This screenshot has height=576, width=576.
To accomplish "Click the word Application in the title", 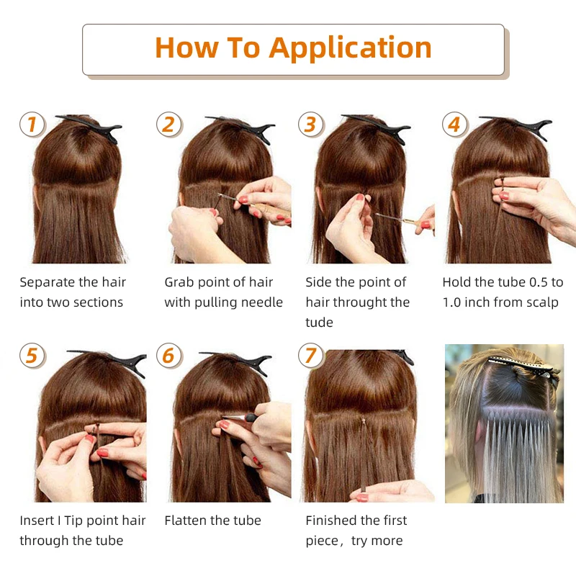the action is coord(350,49).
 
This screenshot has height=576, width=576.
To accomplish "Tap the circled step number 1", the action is coord(32,125).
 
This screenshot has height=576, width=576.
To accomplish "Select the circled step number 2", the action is coord(169,125).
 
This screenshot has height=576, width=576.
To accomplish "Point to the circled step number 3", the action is coord(311,125).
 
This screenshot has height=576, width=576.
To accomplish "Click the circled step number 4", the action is coord(455,125).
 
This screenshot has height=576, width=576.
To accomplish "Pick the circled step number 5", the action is coord(32,356).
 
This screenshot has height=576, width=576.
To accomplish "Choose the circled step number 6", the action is coord(169,356).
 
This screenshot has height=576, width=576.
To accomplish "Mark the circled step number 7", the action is coord(311,356).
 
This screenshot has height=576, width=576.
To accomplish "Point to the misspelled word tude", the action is coord(319,323).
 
